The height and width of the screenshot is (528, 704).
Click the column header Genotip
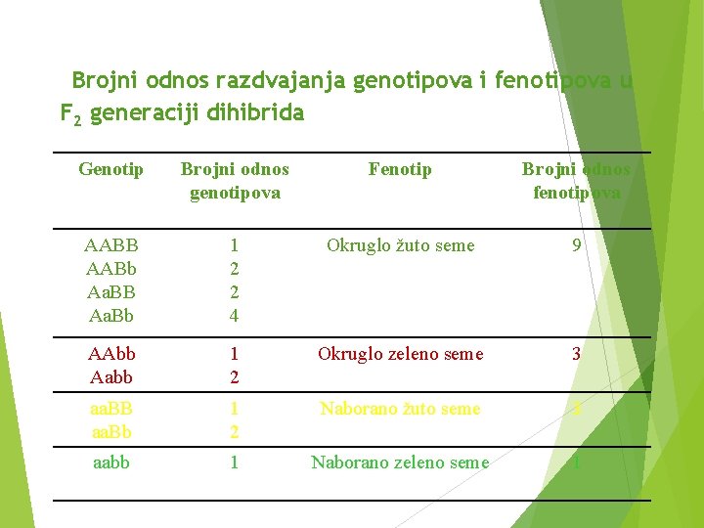(x=110, y=170)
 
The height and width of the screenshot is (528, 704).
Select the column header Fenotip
(x=400, y=170)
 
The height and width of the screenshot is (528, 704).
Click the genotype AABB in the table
(x=111, y=245)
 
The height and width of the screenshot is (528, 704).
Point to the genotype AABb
(x=111, y=269)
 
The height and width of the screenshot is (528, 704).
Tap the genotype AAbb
(x=111, y=354)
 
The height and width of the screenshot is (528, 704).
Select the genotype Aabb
(x=111, y=377)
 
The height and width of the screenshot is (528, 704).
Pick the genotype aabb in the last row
(x=111, y=462)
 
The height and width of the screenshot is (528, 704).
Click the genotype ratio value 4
(x=234, y=316)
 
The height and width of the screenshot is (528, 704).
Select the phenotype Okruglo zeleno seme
(x=401, y=354)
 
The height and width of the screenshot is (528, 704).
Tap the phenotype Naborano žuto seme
(x=401, y=409)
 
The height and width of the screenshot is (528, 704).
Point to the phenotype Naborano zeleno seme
(x=400, y=462)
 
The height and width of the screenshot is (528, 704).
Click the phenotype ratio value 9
(x=577, y=245)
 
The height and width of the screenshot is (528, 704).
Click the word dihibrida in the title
(x=255, y=112)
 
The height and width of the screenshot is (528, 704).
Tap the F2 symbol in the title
(x=70, y=114)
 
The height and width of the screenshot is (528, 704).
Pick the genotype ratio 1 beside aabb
(x=234, y=462)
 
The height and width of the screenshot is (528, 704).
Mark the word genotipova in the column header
(x=235, y=193)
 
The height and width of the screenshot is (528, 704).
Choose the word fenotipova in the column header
(x=577, y=193)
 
